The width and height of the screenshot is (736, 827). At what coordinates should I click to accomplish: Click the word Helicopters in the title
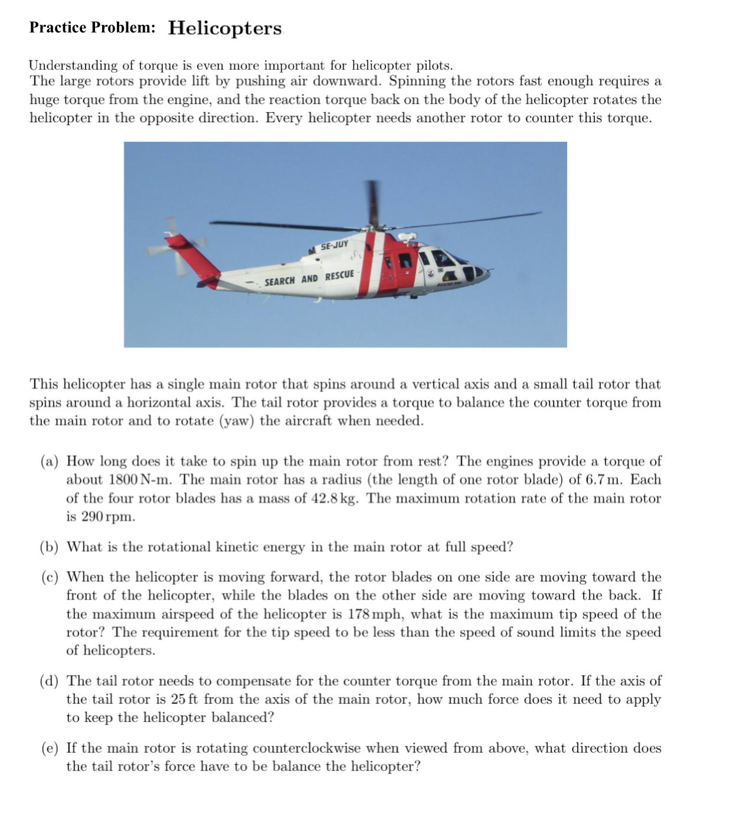[225, 28]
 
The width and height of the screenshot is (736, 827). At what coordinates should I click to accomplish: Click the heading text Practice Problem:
[93, 28]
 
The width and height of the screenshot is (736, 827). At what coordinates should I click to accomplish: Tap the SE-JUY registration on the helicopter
[334, 245]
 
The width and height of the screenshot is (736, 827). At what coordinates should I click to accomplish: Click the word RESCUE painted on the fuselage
[339, 275]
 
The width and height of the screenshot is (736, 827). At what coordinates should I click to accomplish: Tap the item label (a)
[50, 462]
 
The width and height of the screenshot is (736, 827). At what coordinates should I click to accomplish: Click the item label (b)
[50, 547]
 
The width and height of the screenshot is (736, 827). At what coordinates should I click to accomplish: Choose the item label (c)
[50, 577]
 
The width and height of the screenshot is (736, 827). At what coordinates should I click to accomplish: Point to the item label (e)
[50, 748]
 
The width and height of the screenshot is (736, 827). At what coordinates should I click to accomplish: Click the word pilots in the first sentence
[434, 66]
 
